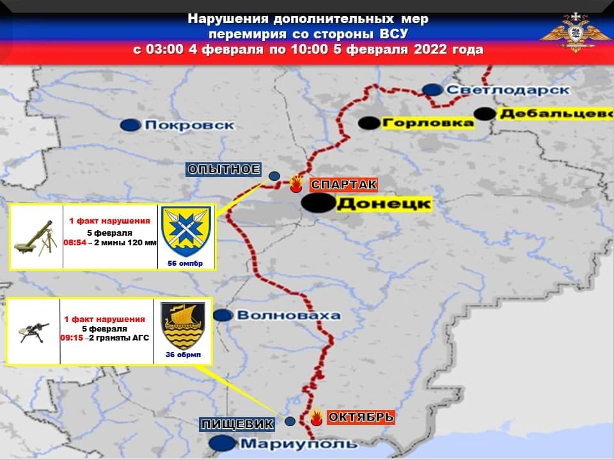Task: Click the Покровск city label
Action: pyautogui.click(x=189, y=125)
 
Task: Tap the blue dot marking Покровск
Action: pyautogui.click(x=131, y=125)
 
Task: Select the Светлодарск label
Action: pyautogui.click(x=507, y=90)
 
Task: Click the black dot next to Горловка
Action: pyautogui.click(x=368, y=123)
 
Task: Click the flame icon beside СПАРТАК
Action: pyautogui.click(x=295, y=185)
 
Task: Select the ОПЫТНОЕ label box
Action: pyautogui.click(x=223, y=169)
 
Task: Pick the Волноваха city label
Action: pyautogui.click(x=288, y=315)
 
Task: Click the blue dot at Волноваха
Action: pyautogui.click(x=222, y=315)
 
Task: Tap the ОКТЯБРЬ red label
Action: pyautogui.click(x=361, y=418)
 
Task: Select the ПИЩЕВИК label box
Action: pyautogui.click(x=237, y=424)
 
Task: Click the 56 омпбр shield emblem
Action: pyautogui.click(x=185, y=231)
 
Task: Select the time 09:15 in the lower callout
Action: pyautogui.click(x=72, y=338)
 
